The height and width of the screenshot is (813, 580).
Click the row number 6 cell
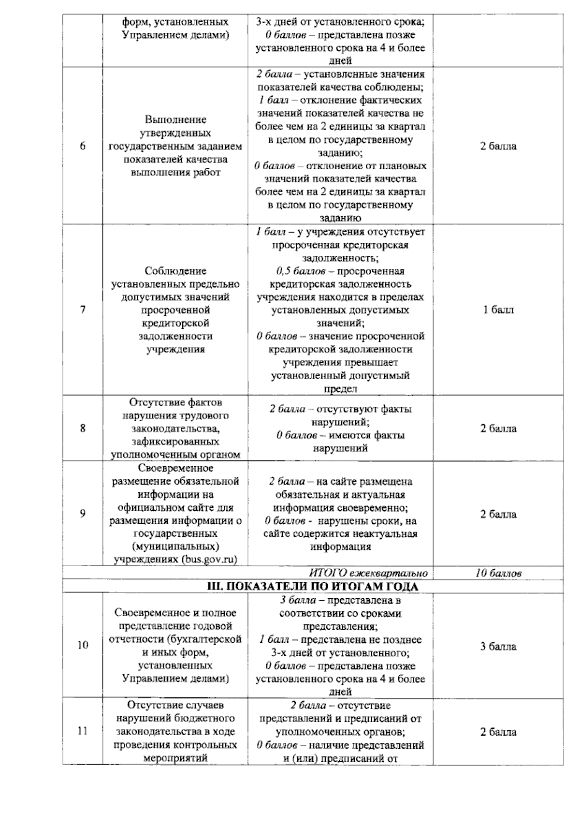83,146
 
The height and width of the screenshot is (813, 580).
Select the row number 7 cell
83,310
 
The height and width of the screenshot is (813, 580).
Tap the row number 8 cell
83,428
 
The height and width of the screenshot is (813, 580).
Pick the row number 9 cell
83,514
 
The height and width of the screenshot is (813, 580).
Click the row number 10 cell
83,645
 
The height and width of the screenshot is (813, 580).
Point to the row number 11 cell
83,731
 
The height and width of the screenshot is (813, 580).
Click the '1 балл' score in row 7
498,310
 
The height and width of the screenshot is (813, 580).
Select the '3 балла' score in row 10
498,646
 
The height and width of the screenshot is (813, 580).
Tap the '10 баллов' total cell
498,574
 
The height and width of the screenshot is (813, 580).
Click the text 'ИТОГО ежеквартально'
368,574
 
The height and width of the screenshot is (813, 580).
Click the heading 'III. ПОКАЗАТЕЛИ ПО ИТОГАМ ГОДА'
313,586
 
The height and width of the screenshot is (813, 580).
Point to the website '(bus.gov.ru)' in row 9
210,560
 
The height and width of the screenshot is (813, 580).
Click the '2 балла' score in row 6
498,146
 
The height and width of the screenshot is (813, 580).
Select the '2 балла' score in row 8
498,429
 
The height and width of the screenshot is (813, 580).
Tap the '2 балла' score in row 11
498,732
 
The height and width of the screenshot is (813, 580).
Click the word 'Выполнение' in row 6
175,119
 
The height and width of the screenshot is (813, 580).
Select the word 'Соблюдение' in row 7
175,271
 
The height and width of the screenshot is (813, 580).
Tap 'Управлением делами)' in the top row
175,35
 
